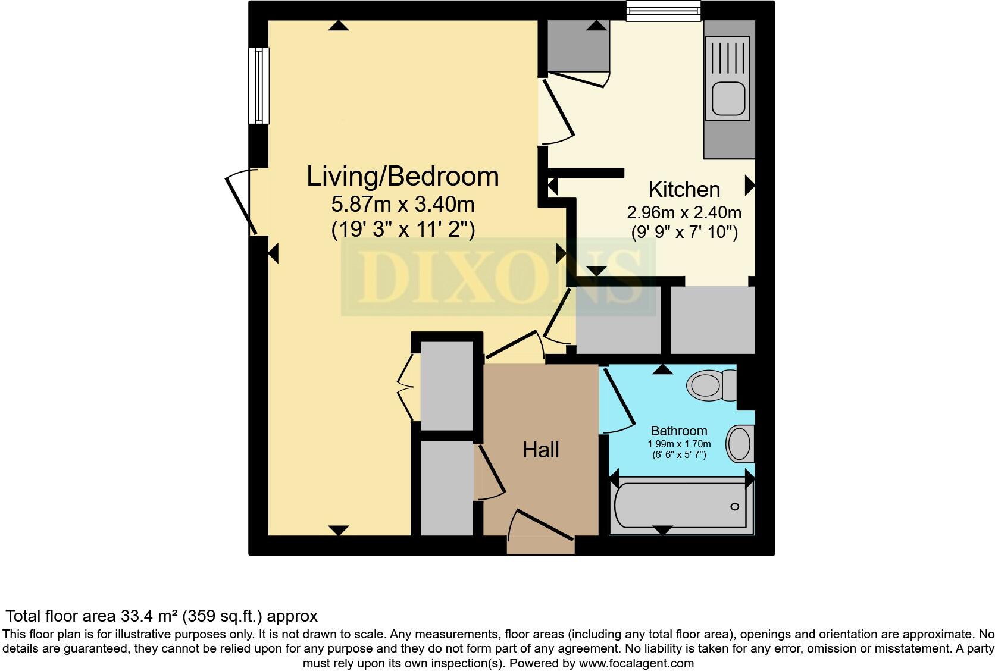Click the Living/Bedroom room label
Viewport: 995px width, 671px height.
pyautogui.click(x=402, y=177)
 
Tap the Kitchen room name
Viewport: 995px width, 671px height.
pyautogui.click(x=684, y=189)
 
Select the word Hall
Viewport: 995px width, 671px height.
pyautogui.click(x=540, y=450)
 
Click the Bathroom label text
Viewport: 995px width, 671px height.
pyautogui.click(x=679, y=431)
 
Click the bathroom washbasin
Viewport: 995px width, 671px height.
pyautogui.click(x=740, y=444)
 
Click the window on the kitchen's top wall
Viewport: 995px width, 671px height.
pyautogui.click(x=664, y=11)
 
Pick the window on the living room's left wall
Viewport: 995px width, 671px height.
pyautogui.click(x=259, y=86)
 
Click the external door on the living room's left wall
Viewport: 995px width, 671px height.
pyautogui.click(x=242, y=202)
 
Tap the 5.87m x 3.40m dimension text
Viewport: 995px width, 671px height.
pyautogui.click(x=402, y=205)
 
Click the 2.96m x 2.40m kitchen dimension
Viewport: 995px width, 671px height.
pyautogui.click(x=684, y=212)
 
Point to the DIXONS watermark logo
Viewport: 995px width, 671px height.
pyautogui.click(x=498, y=276)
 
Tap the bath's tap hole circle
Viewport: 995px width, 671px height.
pyautogui.click(x=734, y=507)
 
